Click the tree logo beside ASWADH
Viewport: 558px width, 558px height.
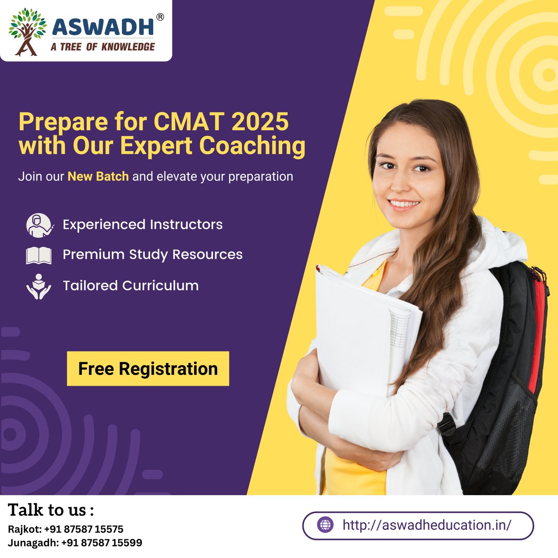pos(27,31)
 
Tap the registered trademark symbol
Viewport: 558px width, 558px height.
pos(159,17)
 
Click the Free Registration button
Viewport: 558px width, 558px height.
pos(148,369)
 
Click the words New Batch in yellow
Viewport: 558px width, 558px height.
pos(98,177)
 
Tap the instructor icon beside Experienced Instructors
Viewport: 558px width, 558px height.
pos(39,225)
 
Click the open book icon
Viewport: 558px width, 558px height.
pos(39,255)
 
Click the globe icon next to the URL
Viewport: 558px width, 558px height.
pos(325,525)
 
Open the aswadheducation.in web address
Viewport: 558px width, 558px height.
pos(426,525)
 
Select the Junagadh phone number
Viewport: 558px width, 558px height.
pos(101,543)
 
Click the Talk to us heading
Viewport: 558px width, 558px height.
pos(51,510)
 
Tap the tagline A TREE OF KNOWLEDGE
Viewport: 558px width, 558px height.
pos(103,46)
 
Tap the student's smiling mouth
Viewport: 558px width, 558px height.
pos(404,204)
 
